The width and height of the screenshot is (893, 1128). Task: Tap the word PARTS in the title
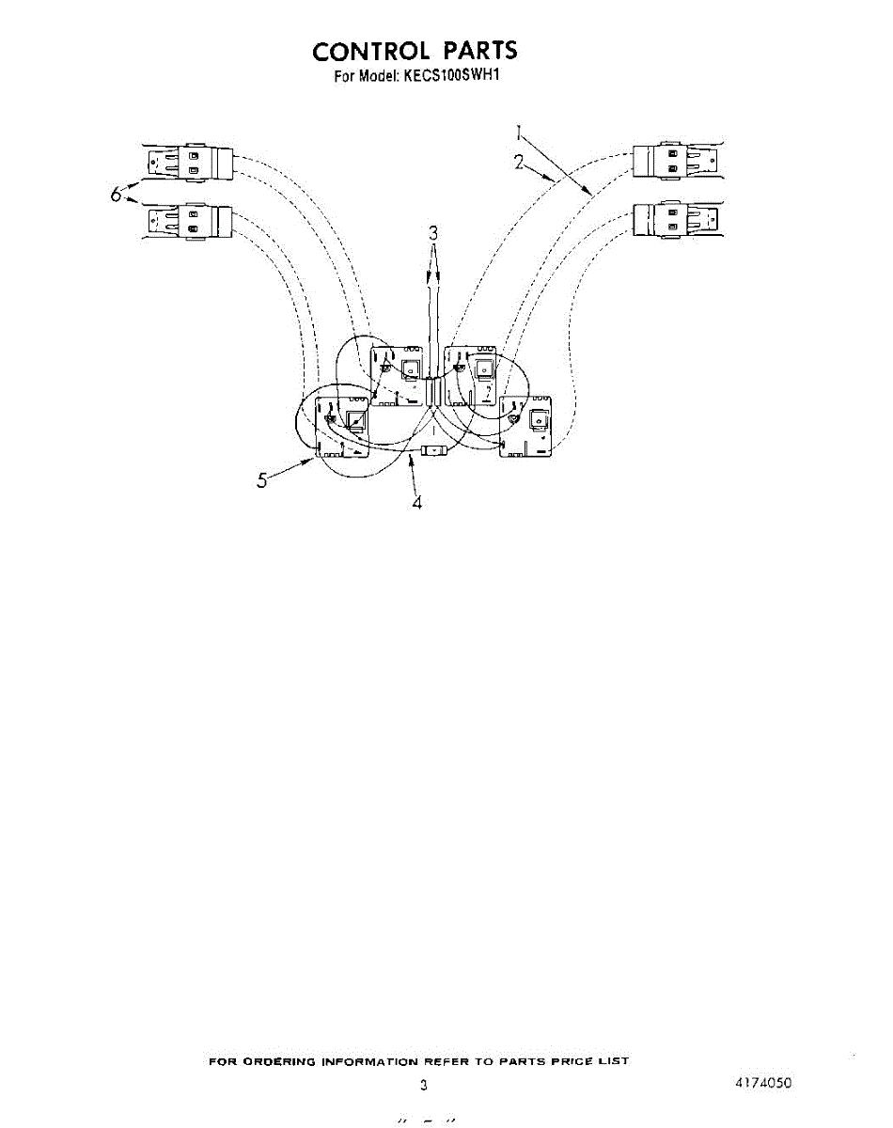[x=480, y=51]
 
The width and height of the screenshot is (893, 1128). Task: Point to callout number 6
[x=116, y=195]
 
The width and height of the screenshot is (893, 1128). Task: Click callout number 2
[x=519, y=162]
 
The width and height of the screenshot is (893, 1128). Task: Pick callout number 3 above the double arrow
[x=433, y=233]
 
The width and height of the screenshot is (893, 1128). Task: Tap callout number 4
[x=416, y=502]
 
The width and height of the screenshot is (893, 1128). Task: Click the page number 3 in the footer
[x=424, y=1086]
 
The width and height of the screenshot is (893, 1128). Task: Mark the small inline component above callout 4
[x=433, y=451]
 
